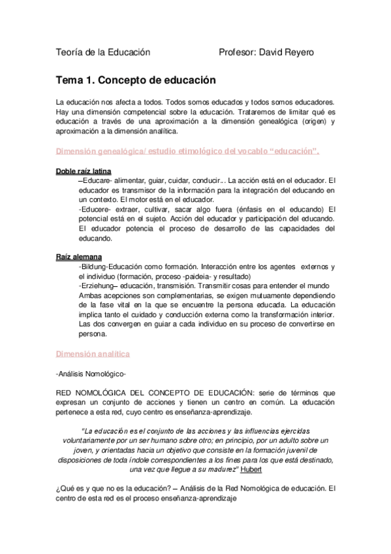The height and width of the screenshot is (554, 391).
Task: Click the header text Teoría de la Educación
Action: [103, 52]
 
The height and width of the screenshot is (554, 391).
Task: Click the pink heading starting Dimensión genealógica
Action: [188, 152]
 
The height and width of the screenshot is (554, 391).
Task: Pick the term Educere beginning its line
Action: [96, 209]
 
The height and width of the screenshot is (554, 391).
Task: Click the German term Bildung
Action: [95, 267]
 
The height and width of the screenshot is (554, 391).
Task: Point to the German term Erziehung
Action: [97, 286]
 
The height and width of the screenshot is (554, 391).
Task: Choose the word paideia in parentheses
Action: [183, 276]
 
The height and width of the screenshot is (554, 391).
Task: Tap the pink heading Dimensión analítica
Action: [93, 353]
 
